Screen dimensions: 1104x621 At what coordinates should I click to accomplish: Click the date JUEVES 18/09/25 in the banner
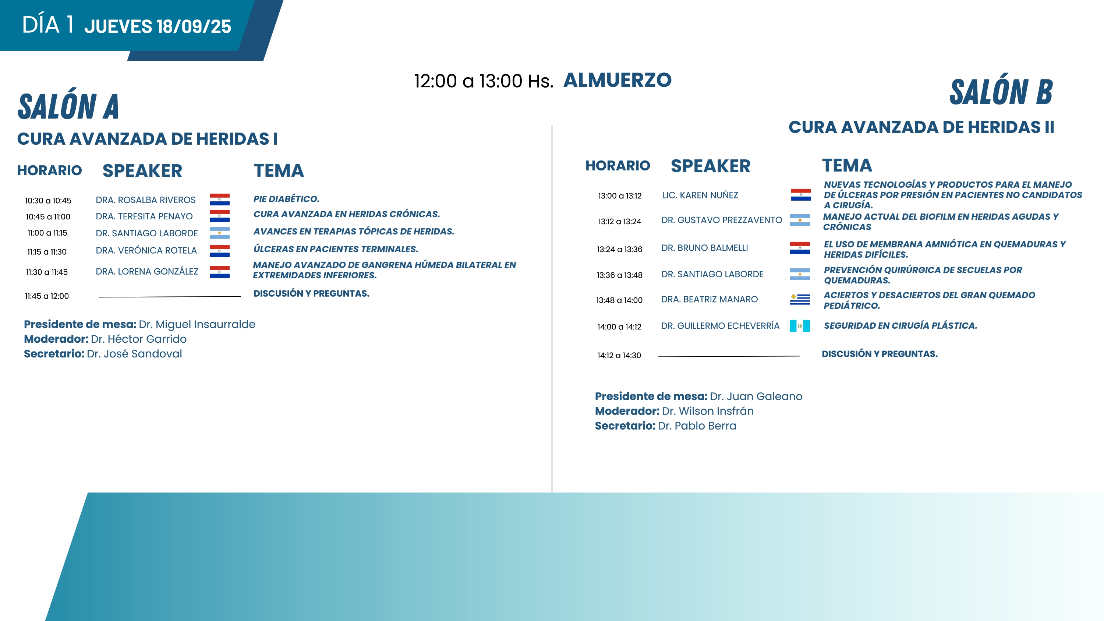[x=158, y=27]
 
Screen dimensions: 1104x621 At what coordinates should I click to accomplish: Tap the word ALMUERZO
[x=617, y=80]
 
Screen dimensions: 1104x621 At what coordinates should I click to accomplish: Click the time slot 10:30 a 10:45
[x=48, y=201]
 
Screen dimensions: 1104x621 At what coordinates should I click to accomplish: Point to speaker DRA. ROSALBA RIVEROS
[x=146, y=200]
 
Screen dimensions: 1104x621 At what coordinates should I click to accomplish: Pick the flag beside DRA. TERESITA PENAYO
[x=219, y=216]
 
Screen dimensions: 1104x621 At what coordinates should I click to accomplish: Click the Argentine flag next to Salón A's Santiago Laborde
[x=219, y=233]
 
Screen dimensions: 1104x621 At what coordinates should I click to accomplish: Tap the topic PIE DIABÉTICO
[x=286, y=199]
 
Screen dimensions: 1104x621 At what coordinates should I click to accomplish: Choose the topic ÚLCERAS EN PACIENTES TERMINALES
[x=336, y=249]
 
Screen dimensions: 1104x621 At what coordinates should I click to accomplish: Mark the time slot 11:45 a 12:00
[x=47, y=296]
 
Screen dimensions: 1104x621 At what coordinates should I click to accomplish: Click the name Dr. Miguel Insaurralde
[x=197, y=324]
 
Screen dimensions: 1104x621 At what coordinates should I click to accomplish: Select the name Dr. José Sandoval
[x=134, y=354]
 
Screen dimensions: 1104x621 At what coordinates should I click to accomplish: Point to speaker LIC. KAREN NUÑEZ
[x=700, y=195]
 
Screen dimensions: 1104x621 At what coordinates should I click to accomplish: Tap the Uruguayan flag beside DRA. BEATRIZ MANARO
[x=800, y=299]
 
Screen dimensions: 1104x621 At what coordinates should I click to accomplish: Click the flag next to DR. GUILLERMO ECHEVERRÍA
[x=800, y=326]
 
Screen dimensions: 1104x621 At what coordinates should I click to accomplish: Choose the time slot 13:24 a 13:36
[x=620, y=250]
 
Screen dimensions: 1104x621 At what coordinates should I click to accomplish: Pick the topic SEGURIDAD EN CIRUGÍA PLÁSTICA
[x=900, y=326]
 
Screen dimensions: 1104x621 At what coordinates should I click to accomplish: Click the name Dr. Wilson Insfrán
[x=708, y=411]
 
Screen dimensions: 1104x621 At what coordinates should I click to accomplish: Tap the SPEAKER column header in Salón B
[x=711, y=166]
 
